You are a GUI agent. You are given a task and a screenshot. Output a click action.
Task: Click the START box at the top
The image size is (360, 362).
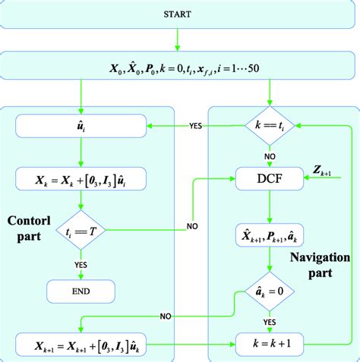(179, 15)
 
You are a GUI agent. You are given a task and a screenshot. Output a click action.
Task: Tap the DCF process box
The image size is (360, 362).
(270, 180)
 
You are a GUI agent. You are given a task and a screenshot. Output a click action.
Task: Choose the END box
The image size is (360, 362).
(81, 291)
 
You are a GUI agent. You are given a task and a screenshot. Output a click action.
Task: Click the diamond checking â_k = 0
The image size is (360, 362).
(270, 291)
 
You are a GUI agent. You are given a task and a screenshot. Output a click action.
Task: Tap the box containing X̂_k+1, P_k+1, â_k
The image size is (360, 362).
(270, 235)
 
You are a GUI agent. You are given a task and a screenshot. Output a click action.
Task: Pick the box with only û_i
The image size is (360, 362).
(81, 125)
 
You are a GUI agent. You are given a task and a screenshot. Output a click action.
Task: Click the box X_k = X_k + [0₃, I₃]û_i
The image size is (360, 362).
(81, 180)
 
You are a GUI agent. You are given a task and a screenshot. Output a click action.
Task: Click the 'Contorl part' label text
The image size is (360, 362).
(32, 228)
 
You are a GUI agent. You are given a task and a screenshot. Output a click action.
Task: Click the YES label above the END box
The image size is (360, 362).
(81, 265)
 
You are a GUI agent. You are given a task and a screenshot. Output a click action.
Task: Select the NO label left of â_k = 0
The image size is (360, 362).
(169, 315)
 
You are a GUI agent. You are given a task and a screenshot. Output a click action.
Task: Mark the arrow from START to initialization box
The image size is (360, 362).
(179, 39)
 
